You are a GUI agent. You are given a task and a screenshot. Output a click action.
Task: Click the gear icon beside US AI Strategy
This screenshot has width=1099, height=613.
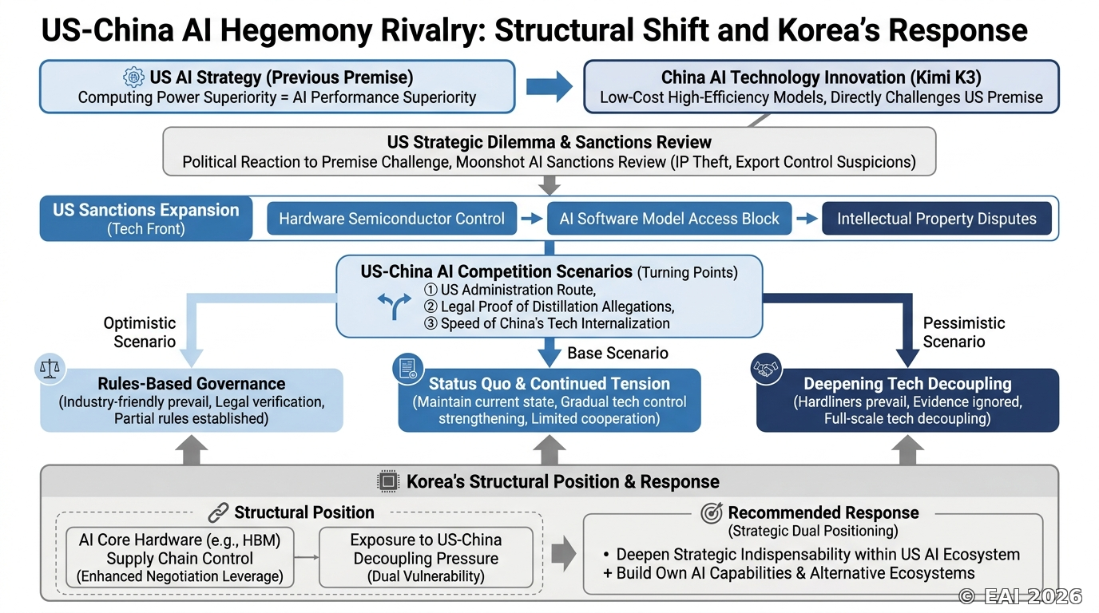tap(133, 77)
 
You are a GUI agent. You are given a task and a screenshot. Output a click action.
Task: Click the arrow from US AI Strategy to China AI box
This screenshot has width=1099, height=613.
tap(549, 87)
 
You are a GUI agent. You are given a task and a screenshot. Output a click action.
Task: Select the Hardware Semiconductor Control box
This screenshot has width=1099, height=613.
tap(391, 218)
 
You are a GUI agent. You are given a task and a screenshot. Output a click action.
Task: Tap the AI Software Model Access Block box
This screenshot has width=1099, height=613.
tap(669, 218)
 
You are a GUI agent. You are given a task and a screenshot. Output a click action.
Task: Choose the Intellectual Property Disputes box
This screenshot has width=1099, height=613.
tap(937, 218)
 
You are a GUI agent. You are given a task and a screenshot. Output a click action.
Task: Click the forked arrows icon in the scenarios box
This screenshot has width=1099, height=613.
tap(395, 306)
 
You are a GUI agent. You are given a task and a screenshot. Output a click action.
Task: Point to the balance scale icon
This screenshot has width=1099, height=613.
tap(50, 368)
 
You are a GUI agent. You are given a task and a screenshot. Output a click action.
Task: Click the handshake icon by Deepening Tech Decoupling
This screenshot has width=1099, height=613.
tap(767, 368)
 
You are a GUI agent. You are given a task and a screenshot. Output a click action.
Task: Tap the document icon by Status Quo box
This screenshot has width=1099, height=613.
tap(407, 368)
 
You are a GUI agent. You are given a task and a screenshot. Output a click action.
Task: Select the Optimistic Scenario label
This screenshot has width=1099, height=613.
tap(140, 332)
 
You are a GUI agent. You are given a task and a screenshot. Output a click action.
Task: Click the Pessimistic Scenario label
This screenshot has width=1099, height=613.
tap(963, 332)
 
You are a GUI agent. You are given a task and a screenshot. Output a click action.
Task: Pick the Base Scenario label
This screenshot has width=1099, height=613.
tap(617, 353)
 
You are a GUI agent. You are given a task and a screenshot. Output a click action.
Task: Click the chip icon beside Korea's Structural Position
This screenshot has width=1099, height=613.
tap(387, 481)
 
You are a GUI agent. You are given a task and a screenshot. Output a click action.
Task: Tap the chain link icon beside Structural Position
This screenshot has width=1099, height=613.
tap(218, 512)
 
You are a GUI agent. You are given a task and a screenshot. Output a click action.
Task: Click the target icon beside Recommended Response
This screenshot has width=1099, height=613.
tap(712, 513)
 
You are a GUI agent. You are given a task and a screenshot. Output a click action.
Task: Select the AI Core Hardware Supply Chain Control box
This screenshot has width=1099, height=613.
tap(180, 558)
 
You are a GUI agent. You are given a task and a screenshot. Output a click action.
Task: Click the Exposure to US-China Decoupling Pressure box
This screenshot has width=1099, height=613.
tap(426, 558)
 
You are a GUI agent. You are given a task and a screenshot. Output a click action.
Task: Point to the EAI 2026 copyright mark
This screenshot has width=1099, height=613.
tap(1020, 596)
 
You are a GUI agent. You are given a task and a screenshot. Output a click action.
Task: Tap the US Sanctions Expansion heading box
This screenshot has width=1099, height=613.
tap(146, 218)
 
